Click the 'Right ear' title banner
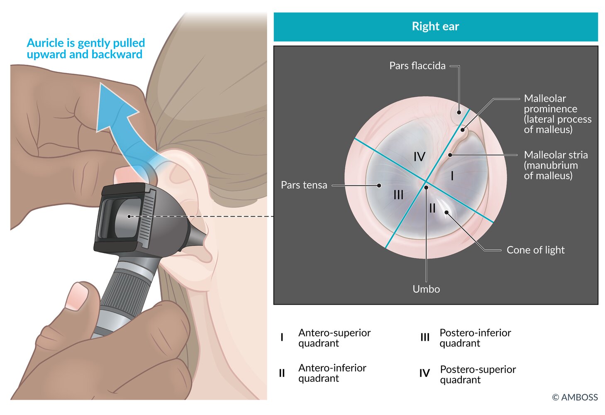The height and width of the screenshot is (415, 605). tap(435, 27)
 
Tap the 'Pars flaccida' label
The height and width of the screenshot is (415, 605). tap(417, 66)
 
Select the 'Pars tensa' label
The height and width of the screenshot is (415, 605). tap(304, 185)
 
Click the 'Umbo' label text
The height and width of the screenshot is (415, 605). tap(426, 289)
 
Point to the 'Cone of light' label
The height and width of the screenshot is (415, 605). tap(535, 250)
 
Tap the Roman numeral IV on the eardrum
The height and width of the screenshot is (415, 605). tap(420, 156)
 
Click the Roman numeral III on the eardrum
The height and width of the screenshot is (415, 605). tap(398, 195)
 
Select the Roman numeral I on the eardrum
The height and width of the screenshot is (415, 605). tap(452, 176)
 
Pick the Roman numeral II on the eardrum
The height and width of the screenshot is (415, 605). tap(432, 208)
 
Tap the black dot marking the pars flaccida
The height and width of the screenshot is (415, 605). tap(459, 112)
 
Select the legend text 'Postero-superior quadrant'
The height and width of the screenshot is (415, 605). tap(478, 374)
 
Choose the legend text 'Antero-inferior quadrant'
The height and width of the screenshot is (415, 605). tap(332, 373)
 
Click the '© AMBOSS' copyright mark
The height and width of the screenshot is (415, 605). tap(575, 397)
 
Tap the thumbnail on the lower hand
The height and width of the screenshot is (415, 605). tap(77, 297)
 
